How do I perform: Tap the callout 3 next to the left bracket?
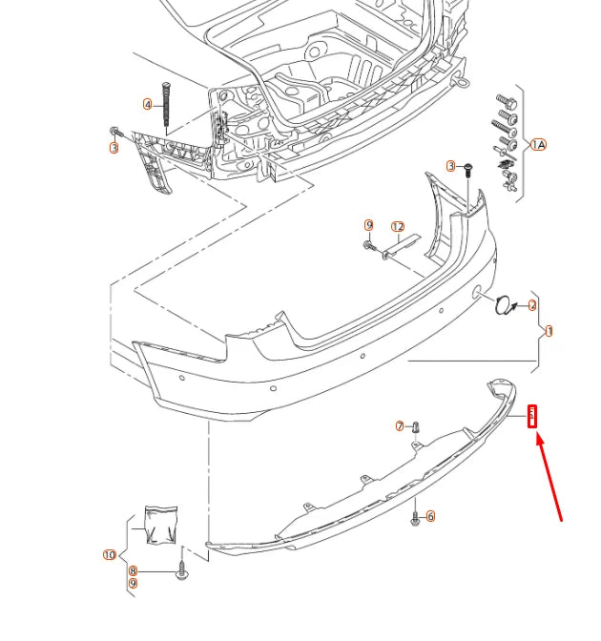[x=114, y=148]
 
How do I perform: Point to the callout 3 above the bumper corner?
[x=452, y=166]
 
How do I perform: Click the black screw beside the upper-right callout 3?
[x=468, y=170]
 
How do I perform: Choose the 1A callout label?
[x=538, y=145]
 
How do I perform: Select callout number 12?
[x=398, y=227]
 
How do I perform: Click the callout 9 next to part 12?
[x=368, y=225]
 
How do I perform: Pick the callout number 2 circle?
[x=532, y=305]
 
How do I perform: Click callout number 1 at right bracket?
[x=549, y=332]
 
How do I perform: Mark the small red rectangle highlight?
[x=533, y=416]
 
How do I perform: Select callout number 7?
[x=400, y=426]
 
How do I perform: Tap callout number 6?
[x=431, y=516]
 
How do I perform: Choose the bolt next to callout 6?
[x=415, y=517]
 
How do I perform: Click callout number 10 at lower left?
[x=109, y=555]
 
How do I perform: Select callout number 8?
[x=134, y=570]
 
